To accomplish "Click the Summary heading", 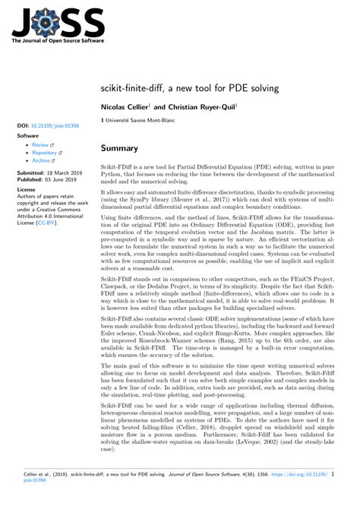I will coord(120,148).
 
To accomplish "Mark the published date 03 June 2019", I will coord(65,179).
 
